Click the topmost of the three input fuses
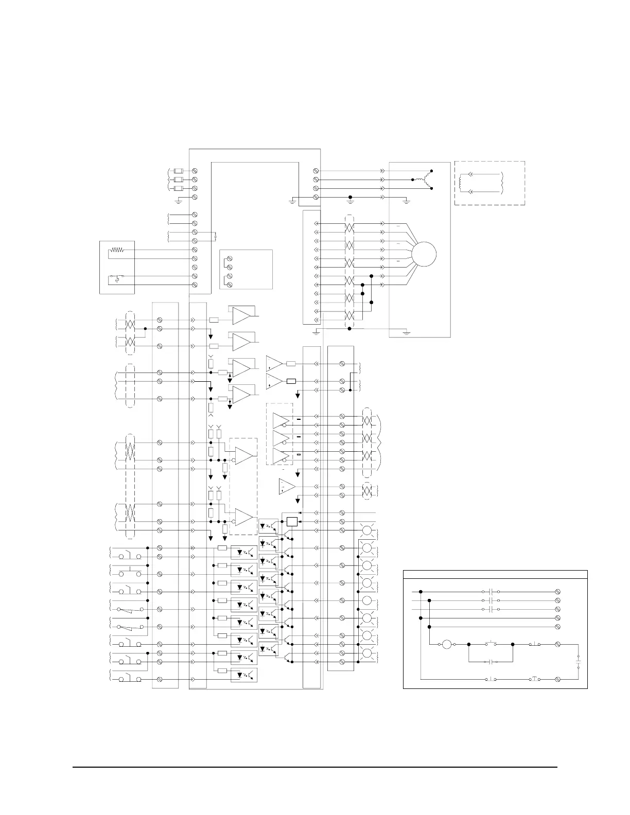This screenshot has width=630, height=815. [179, 171]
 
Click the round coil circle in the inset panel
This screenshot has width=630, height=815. [447, 644]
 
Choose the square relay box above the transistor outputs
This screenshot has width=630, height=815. [292, 521]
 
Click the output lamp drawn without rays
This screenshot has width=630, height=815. [367, 600]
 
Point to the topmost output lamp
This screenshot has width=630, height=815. [367, 530]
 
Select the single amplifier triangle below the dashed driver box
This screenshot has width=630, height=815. [287, 487]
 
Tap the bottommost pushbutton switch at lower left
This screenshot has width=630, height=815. [127, 679]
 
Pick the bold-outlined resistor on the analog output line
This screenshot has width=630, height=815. [291, 381]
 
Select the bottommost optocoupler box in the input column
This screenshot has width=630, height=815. [244, 676]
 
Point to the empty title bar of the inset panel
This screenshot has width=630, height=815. [495, 574]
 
